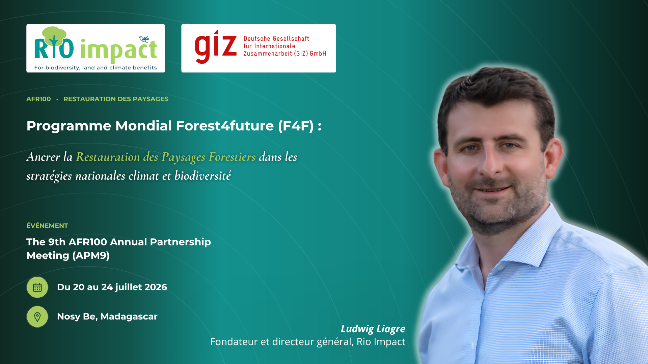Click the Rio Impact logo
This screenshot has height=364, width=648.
(96, 48)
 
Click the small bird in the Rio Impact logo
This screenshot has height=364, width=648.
(144, 39)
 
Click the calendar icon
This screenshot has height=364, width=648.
(37, 287)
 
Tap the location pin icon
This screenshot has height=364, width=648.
(37, 317)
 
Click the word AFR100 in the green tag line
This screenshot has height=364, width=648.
(38, 99)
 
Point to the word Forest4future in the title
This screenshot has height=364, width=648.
(225, 126)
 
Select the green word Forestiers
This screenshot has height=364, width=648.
(232, 157)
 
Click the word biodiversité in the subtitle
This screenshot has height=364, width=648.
(203, 176)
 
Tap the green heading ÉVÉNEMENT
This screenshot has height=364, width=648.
(47, 225)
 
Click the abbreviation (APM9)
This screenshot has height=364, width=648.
(91, 255)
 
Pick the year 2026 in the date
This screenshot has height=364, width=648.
(156, 287)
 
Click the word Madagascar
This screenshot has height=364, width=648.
(129, 316)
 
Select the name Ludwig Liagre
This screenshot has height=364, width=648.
(373, 329)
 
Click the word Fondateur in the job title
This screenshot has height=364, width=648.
(234, 342)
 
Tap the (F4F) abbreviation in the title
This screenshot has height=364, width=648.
(296, 126)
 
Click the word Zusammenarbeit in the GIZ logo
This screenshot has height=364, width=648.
(268, 54)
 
